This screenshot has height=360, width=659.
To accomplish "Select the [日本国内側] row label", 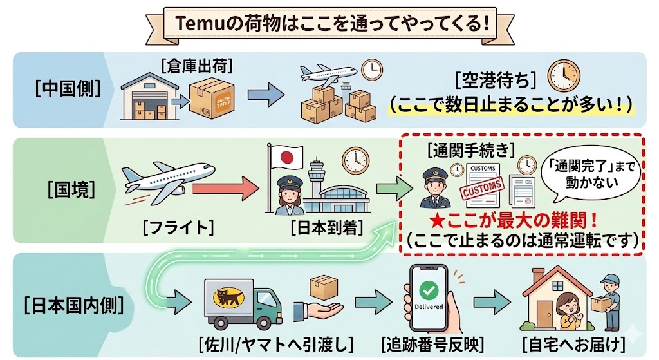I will click(66, 303).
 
